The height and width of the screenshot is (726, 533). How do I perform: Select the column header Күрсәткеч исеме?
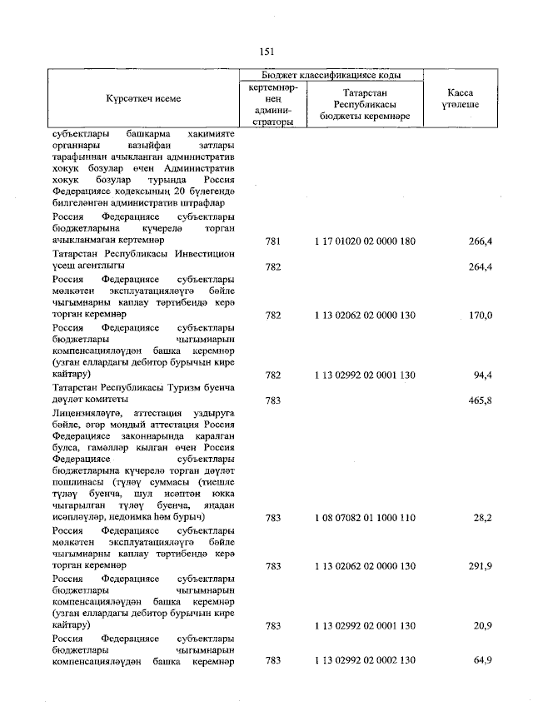143,98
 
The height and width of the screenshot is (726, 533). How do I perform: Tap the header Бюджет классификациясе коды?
331,75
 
